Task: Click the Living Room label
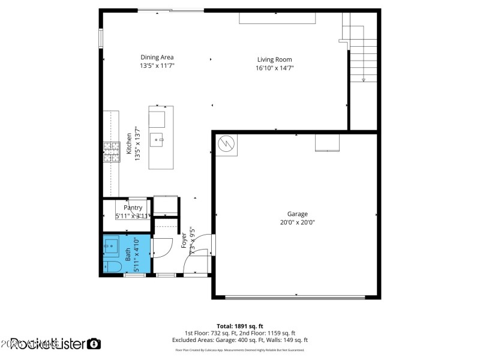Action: tap(274, 59)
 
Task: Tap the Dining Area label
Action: tap(157, 58)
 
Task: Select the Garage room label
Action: tap(297, 214)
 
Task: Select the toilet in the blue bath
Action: tap(113, 266)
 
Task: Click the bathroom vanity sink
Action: tap(111, 245)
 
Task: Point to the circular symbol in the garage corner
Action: tap(226, 145)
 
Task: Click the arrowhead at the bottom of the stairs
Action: tap(364, 80)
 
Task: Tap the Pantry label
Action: tap(133, 208)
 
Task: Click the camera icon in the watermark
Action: tap(94, 344)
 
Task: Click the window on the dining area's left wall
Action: tap(101, 37)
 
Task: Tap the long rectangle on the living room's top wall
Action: tap(277, 19)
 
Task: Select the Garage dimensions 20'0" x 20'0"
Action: tap(297, 222)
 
